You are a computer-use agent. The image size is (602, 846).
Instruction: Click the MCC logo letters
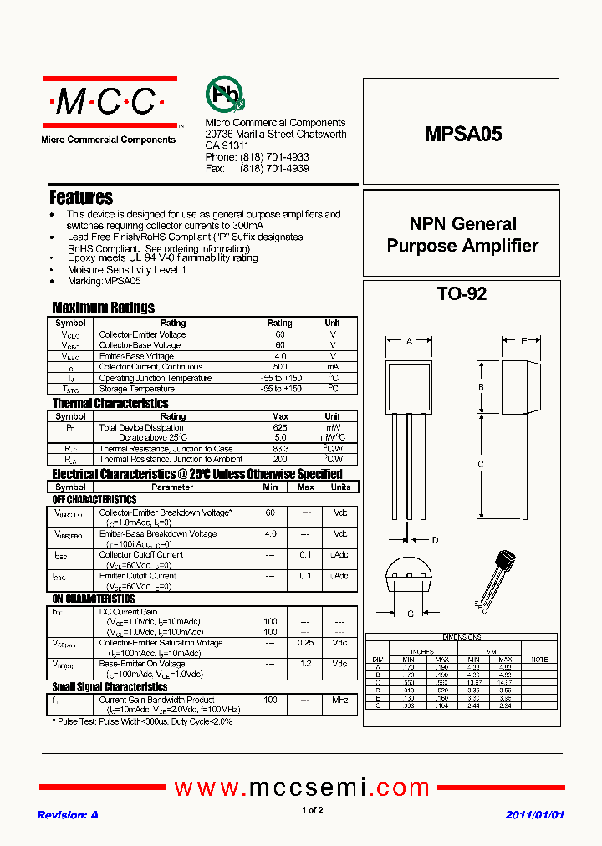point(105,103)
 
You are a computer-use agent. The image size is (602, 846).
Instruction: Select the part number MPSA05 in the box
point(463,134)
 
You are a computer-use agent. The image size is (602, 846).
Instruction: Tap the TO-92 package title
point(462,294)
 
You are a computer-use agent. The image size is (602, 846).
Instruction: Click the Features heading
point(81,198)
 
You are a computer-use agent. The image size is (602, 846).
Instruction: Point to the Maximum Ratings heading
point(103,308)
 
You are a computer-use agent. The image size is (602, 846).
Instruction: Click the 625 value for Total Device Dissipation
point(280,427)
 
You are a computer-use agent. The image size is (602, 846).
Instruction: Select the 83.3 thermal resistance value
point(280,449)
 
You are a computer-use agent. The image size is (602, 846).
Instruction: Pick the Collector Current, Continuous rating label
point(150,367)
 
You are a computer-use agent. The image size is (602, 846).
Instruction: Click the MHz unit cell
point(340,700)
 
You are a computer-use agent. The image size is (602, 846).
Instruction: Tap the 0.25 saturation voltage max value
point(306,643)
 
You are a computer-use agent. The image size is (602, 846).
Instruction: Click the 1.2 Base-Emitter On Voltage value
point(306,664)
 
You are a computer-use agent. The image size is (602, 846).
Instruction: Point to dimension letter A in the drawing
point(409,341)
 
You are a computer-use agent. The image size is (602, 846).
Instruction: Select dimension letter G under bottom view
point(410,614)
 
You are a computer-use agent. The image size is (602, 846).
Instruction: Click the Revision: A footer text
point(68,815)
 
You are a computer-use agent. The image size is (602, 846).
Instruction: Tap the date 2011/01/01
point(535,815)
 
